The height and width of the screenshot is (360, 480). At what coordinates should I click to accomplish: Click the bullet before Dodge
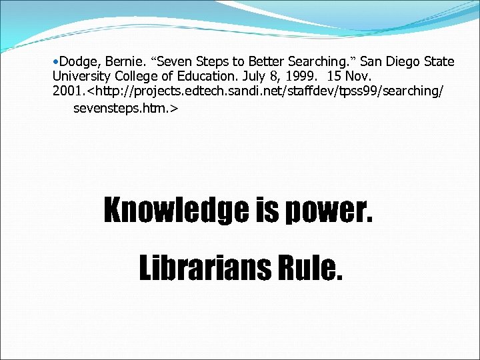point(55,62)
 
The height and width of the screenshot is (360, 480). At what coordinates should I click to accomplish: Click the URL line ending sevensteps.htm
point(125,106)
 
